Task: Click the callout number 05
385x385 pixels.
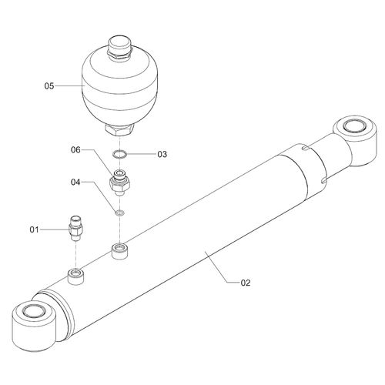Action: pos(49,85)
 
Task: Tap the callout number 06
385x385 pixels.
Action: pos(75,149)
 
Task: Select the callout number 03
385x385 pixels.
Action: pos(162,154)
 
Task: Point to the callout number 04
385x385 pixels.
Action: pos(75,182)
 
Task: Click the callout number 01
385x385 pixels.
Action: pos(35,229)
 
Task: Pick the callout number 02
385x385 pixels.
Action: pos(246,283)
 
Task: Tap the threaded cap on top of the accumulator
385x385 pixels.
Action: pos(120,49)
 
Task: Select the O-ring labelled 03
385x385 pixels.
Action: pos(119,155)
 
